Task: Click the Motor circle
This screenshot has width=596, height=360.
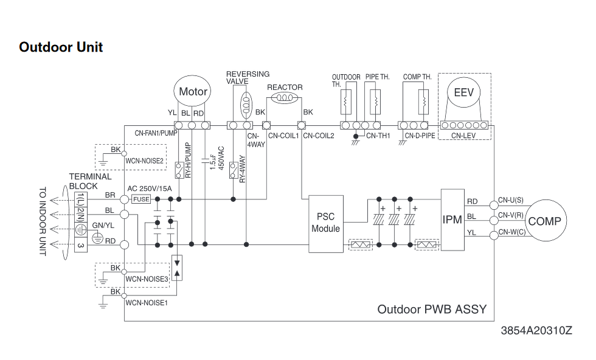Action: click(193, 92)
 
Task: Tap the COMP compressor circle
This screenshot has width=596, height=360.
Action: click(544, 221)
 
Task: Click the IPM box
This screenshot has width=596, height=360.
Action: click(452, 220)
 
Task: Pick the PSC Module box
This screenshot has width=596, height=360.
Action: click(325, 223)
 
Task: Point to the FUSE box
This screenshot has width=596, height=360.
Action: click(140, 199)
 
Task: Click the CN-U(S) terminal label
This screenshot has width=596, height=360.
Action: click(510, 199)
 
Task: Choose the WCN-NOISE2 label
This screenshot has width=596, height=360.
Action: click(145, 161)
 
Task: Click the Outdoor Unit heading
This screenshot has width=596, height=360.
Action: click(61, 47)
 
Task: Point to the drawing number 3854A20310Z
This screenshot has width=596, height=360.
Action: click(536, 331)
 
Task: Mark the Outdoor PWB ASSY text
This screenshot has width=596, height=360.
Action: click(432, 309)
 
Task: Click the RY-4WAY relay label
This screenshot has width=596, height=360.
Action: click(242, 170)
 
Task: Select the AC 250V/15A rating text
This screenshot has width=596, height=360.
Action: click(150, 189)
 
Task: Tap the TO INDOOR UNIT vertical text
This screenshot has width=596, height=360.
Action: click(43, 221)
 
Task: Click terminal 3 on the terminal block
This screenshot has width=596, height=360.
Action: click(80, 245)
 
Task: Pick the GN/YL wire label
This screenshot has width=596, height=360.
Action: click(102, 225)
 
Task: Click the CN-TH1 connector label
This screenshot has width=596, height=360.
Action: click(378, 136)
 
